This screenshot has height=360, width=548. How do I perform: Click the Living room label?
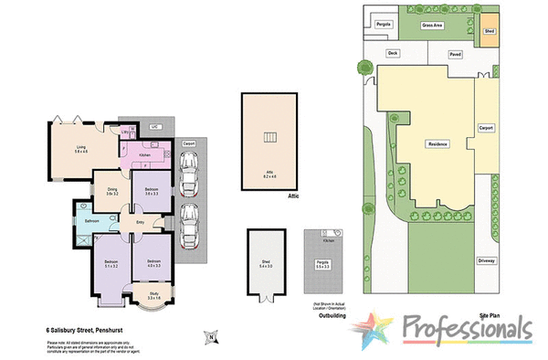point(80,148)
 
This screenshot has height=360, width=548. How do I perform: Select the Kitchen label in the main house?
point(143,156)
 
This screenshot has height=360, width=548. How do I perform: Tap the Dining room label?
point(112,191)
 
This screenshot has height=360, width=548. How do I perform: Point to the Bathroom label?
point(91,221)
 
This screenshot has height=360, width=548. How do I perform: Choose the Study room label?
point(153,295)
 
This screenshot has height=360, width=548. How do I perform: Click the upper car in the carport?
point(191,173)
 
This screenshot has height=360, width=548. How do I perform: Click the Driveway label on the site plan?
point(487,261)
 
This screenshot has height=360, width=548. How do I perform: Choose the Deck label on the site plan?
point(393,54)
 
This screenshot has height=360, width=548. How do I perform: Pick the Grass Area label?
point(431,26)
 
